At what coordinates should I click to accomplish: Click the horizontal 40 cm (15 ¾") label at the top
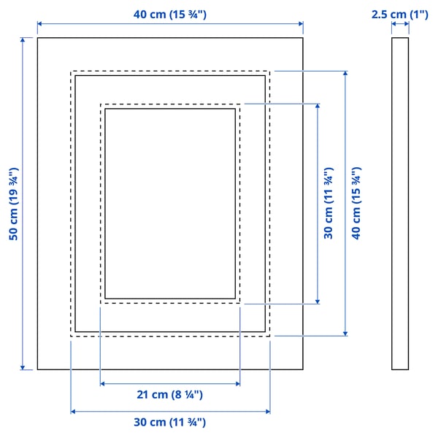[x=170, y=15]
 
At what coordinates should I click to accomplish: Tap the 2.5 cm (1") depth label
[x=400, y=15]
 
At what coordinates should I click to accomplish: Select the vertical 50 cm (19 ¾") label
[x=14, y=204]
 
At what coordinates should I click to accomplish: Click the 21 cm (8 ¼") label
[x=170, y=395]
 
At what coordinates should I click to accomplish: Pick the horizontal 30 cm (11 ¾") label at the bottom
[x=170, y=422]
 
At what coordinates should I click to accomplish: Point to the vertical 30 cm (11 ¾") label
[x=328, y=204]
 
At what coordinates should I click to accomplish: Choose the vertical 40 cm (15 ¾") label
[x=356, y=204]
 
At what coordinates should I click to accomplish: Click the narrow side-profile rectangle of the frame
[x=400, y=204]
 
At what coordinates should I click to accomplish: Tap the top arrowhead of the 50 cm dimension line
[x=23, y=39]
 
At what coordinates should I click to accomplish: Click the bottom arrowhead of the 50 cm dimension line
[x=23, y=368]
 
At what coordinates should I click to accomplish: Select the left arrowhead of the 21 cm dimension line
[x=102, y=384]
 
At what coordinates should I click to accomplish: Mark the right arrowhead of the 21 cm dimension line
[x=238, y=384]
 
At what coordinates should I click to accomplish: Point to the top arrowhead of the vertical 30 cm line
[x=318, y=106]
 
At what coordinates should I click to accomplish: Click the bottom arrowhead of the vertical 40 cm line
[x=345, y=334]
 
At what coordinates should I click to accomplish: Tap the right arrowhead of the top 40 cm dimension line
[x=301, y=24]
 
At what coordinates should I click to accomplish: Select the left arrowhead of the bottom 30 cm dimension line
[x=73, y=412]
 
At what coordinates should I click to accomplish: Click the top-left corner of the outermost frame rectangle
[x=38, y=38]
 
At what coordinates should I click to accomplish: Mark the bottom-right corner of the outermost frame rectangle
[x=303, y=369]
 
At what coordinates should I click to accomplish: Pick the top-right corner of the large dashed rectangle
[x=269, y=72]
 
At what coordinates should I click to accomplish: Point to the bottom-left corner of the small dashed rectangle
[x=101, y=303]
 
